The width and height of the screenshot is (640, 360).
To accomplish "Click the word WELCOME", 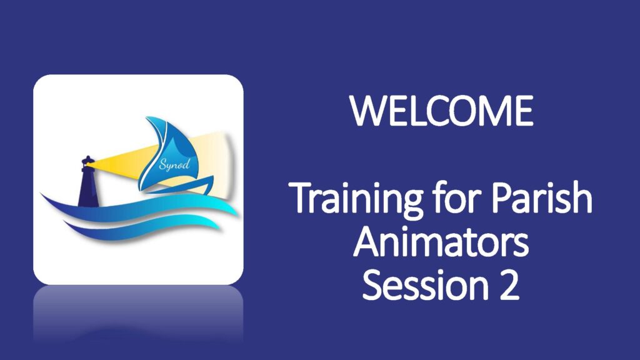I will (x=442, y=111).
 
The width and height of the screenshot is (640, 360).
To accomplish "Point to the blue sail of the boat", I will (x=166, y=150).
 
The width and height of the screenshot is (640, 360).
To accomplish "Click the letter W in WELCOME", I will (x=364, y=111).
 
